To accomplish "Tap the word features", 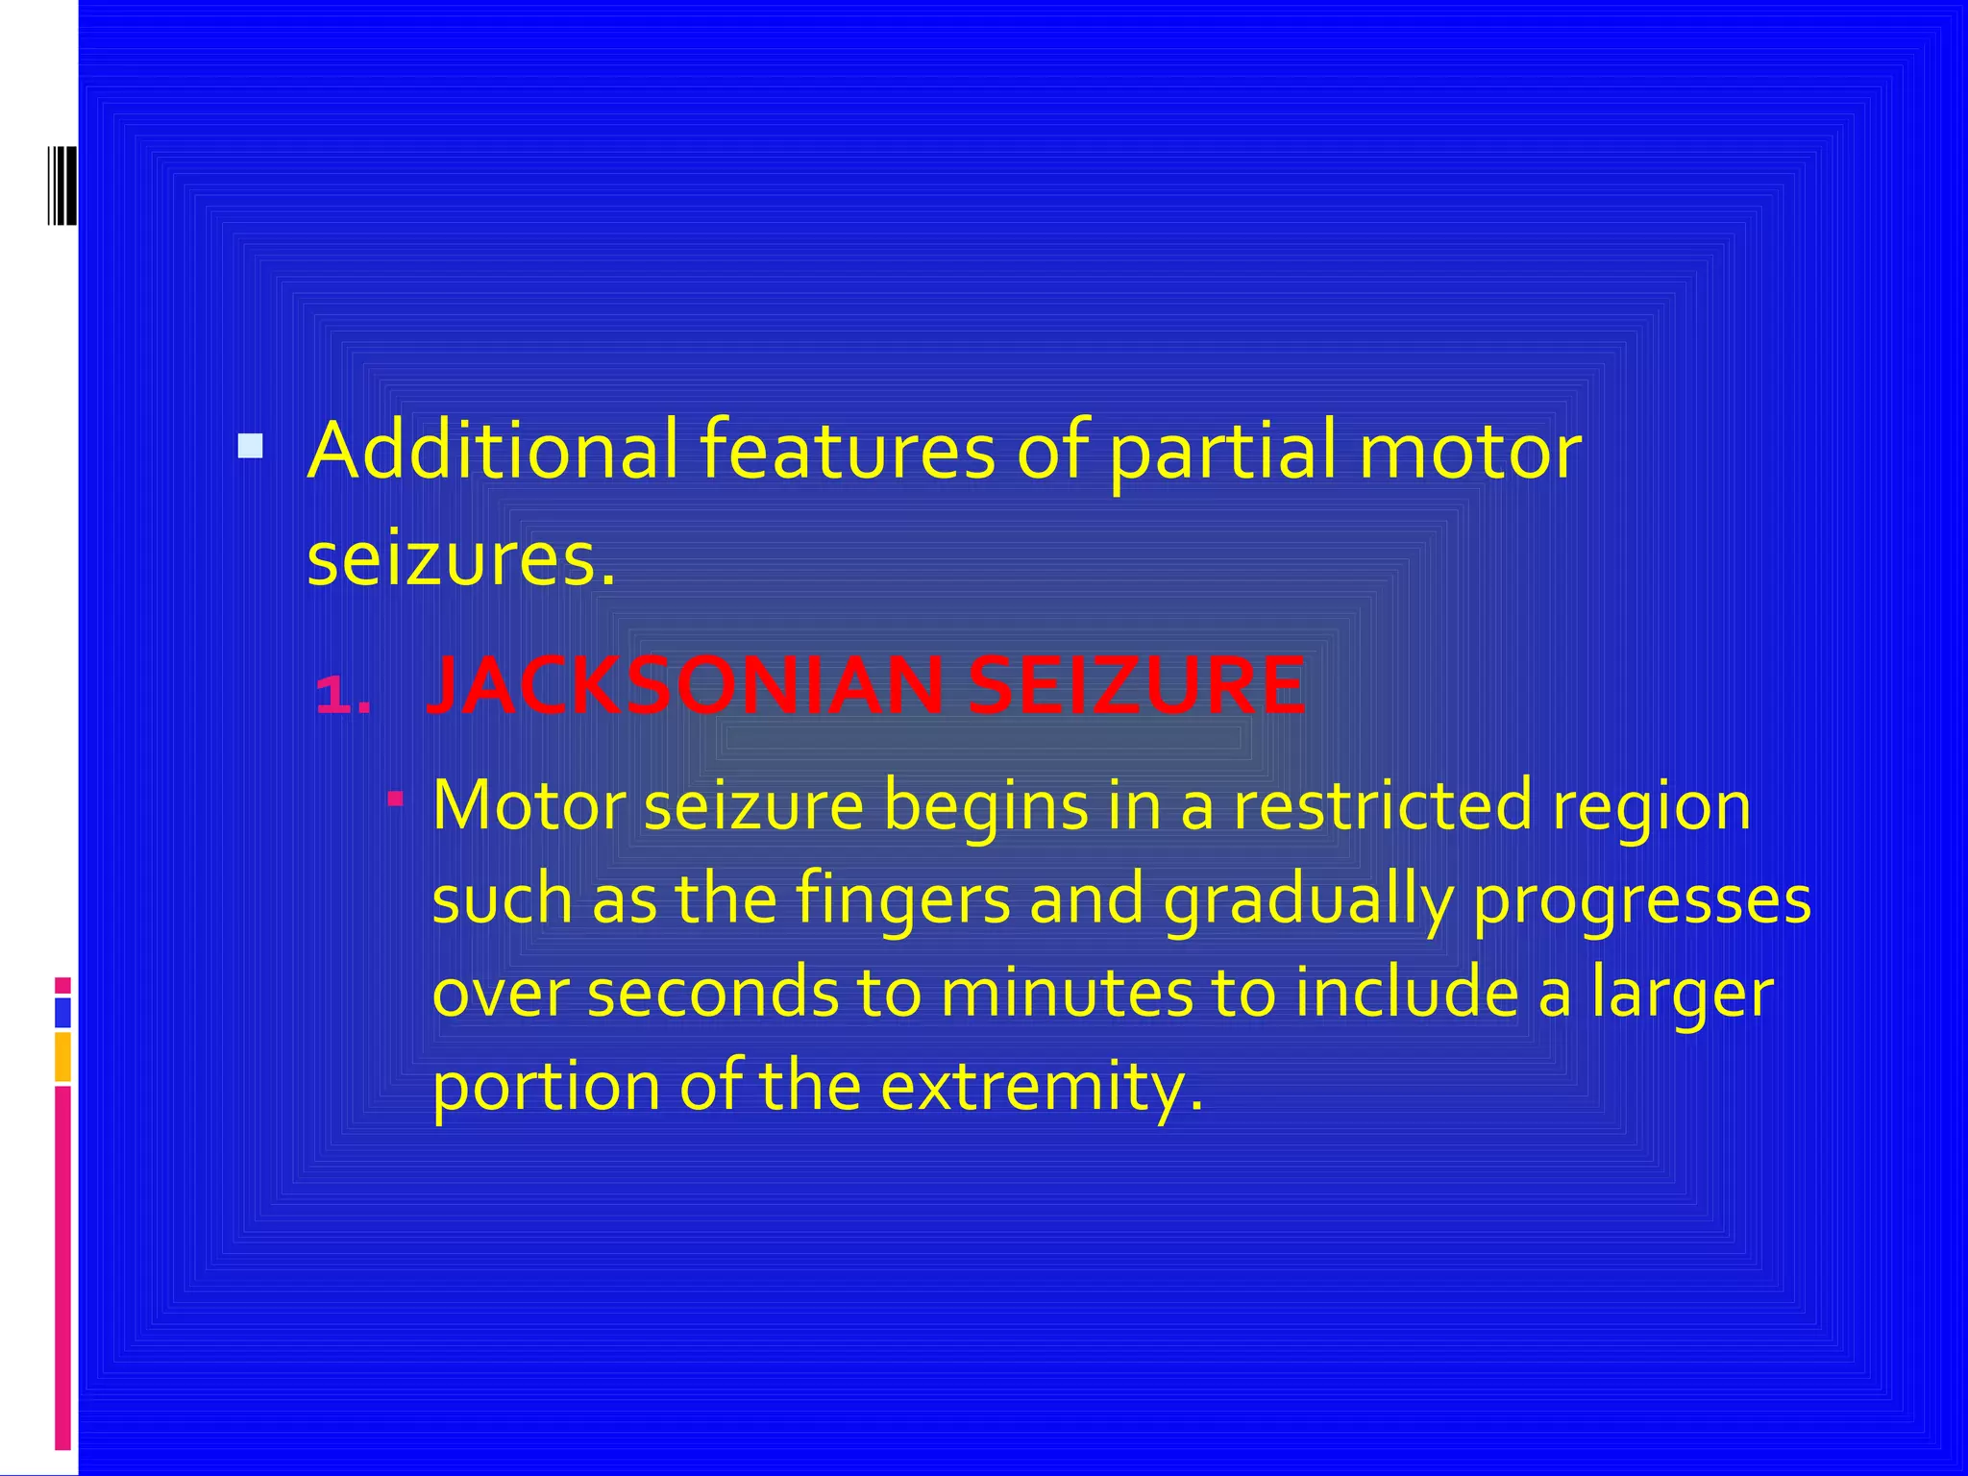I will (x=847, y=451).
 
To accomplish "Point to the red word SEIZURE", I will (x=1136, y=686).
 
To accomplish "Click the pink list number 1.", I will (x=343, y=694).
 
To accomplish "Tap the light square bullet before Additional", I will (x=250, y=447).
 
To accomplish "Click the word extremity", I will (x=1042, y=1087).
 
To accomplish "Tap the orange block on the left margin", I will (x=62, y=1056).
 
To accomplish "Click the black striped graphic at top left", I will (x=61, y=185).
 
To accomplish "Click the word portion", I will (x=546, y=1087).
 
